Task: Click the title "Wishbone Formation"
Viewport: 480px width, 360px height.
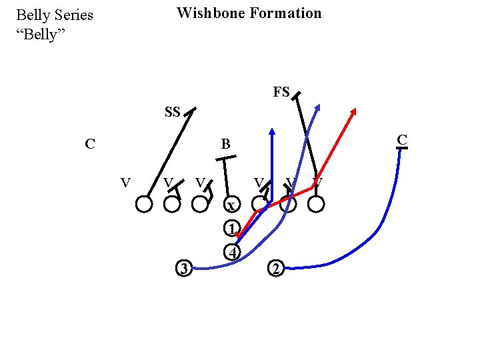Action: [x=249, y=13]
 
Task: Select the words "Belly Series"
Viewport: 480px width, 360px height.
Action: [x=55, y=15]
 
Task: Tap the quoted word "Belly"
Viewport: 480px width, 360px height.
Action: [x=40, y=34]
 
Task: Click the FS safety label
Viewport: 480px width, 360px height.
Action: [x=281, y=93]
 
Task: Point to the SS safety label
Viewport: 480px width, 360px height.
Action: [x=172, y=112]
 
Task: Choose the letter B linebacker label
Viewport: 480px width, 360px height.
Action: [x=225, y=143]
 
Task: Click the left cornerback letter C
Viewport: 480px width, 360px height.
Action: [x=89, y=143]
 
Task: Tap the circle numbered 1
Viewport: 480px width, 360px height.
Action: [x=231, y=229]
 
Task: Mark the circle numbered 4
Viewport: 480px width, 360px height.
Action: [x=231, y=253]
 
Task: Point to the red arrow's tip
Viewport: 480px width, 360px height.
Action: [x=353, y=109]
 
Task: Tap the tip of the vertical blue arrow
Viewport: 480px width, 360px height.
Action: [x=272, y=128]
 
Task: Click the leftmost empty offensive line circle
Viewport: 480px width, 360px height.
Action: [x=143, y=204]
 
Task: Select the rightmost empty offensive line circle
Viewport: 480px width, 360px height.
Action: [x=317, y=204]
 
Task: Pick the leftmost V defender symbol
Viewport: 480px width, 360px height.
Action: [x=125, y=182]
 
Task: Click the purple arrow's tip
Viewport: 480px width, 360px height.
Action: [x=319, y=105]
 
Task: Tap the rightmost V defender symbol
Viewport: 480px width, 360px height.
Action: [x=318, y=182]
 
